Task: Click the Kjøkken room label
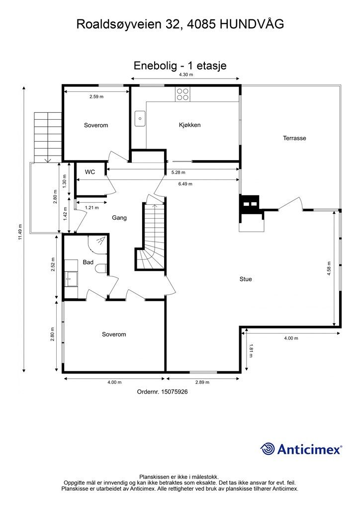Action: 189,125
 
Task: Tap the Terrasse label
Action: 294,138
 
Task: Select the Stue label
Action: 246,279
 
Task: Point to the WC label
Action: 90,172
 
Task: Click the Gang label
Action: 119,218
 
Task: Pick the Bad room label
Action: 88,262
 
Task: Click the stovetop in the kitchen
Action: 182,94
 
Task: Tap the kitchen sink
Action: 140,118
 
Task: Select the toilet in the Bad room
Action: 102,269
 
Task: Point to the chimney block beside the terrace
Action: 249,204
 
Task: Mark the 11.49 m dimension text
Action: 20,232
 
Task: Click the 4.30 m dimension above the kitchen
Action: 186,75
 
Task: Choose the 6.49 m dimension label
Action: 185,184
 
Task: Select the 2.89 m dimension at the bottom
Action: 202,382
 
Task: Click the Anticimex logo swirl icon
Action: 268,449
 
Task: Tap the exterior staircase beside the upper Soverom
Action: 48,137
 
